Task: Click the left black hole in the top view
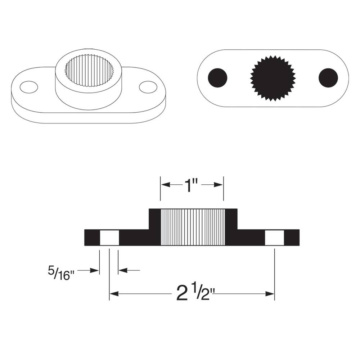tap(218, 77)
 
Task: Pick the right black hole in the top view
tap(328, 77)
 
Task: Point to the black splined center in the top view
tap(273, 78)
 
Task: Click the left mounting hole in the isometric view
tap(29, 87)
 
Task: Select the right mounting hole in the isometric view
tap(148, 86)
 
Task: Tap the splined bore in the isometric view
tap(89, 71)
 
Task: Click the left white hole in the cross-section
tap(109, 238)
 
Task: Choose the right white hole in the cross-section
tap(274, 238)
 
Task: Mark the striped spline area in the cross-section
tap(193, 227)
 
